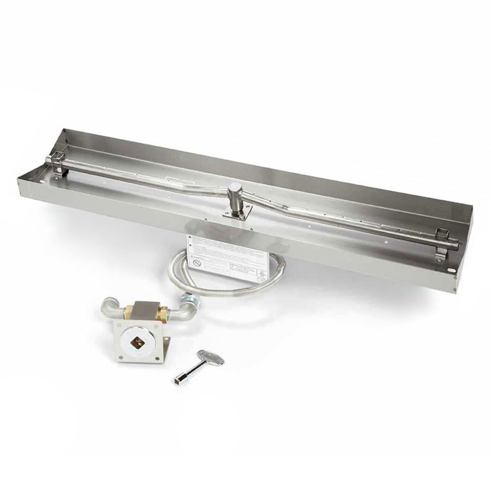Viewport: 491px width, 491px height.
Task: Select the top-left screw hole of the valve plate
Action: (118, 325)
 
